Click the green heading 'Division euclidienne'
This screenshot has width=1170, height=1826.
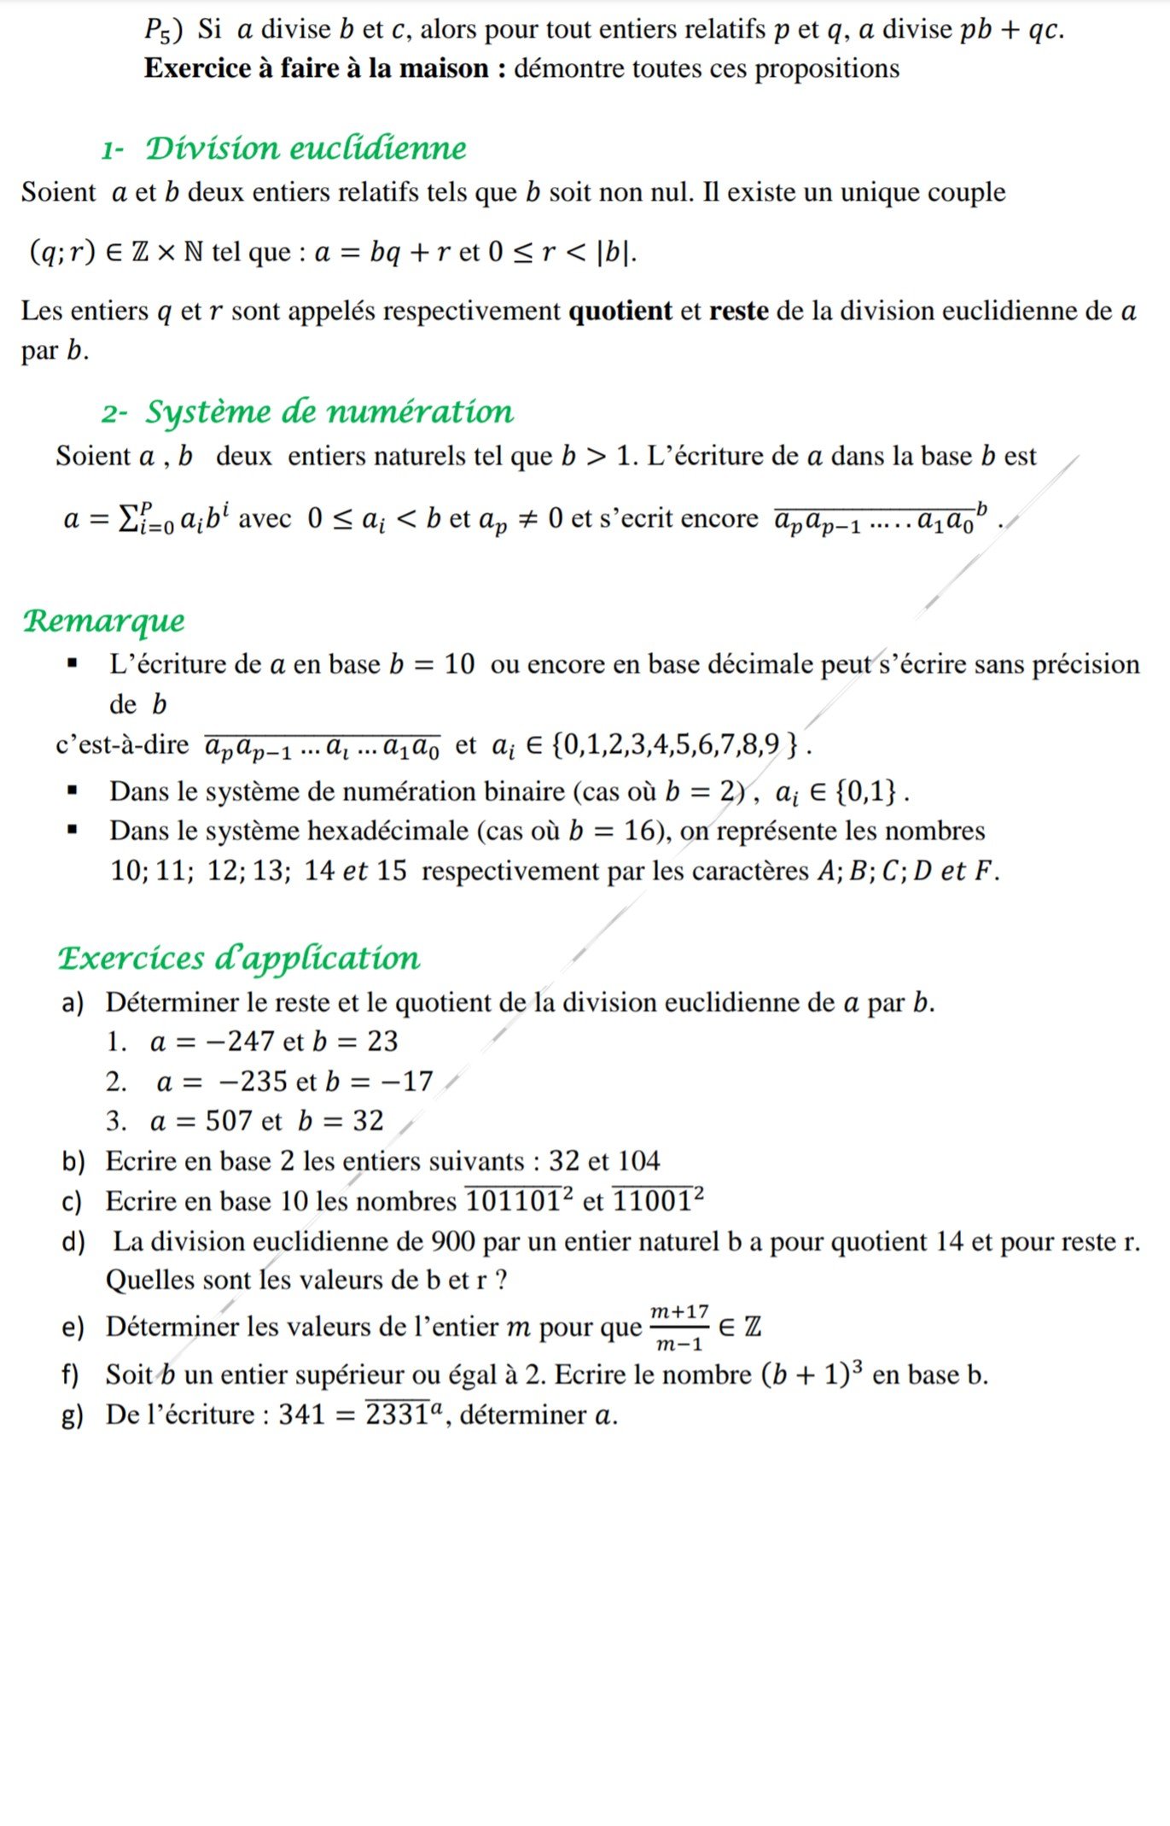point(306,149)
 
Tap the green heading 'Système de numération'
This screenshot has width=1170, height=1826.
point(329,412)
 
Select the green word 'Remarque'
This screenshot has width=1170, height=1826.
point(103,621)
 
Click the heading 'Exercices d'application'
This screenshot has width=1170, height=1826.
point(239,958)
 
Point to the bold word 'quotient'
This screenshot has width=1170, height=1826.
point(620,311)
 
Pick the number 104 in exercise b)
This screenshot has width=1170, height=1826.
point(638,1161)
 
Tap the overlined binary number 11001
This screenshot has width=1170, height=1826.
point(653,1201)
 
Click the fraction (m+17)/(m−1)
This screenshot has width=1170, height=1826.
point(679,1327)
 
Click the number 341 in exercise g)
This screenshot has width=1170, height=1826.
point(302,1415)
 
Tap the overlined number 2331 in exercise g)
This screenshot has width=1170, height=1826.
point(397,1415)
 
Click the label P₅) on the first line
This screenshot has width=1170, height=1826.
point(162,31)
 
